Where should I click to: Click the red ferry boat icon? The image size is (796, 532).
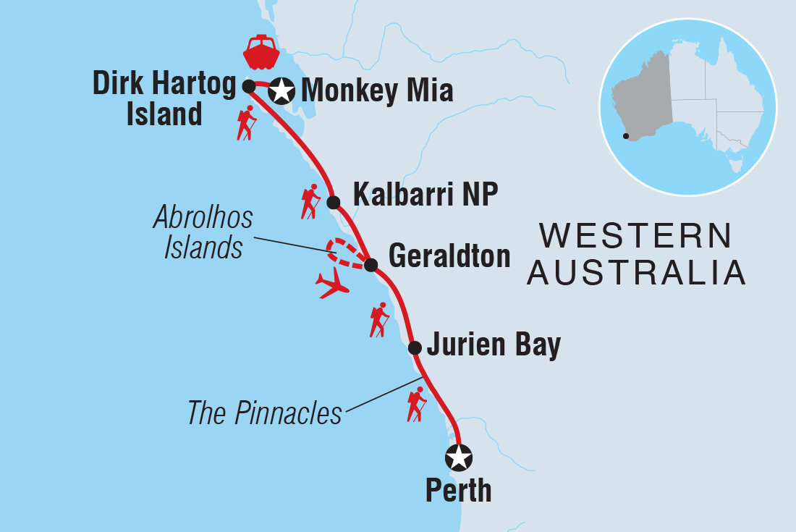(261, 51)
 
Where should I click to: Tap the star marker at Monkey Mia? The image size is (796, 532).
(281, 92)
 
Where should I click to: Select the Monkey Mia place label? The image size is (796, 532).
(376, 92)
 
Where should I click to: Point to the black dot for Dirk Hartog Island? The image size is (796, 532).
(248, 86)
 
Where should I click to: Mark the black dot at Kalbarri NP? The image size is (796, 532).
(333, 201)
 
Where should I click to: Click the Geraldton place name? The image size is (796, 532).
(449, 256)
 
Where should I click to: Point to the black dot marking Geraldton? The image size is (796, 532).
(371, 265)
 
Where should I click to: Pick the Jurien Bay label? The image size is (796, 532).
(494, 345)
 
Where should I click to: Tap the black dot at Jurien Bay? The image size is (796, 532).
(415, 347)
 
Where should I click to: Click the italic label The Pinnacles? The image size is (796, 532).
(264, 413)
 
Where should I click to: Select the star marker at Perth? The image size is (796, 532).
(459, 457)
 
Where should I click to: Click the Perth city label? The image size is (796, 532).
(458, 491)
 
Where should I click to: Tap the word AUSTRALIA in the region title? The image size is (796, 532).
(636, 273)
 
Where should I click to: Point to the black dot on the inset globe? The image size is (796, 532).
(625, 135)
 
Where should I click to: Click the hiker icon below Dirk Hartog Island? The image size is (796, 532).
(247, 122)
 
